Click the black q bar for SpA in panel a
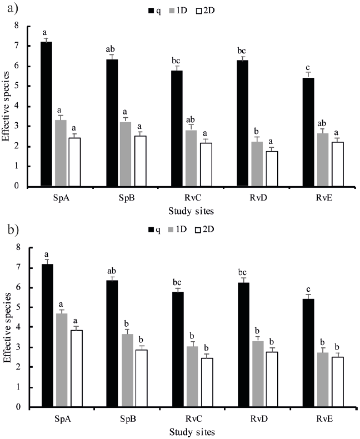coord(47,114)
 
